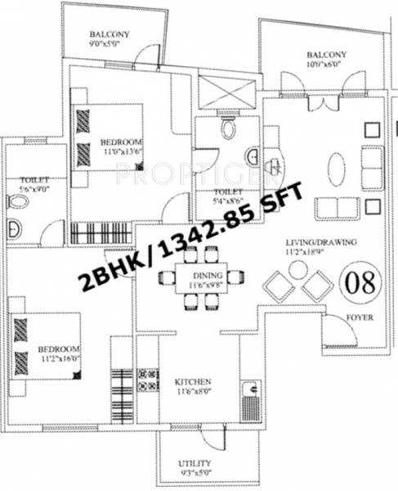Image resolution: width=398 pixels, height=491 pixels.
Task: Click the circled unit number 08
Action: point(358,284)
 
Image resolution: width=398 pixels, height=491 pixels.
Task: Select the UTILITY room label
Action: point(195,463)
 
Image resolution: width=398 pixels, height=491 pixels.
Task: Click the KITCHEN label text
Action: point(194,382)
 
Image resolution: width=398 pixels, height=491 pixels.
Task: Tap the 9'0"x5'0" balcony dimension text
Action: point(110,47)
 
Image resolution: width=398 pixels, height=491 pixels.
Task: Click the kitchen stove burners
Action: point(150,382)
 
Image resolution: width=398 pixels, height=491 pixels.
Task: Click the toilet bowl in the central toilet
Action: point(229,128)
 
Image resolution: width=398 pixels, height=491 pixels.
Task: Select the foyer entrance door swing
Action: point(335,329)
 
